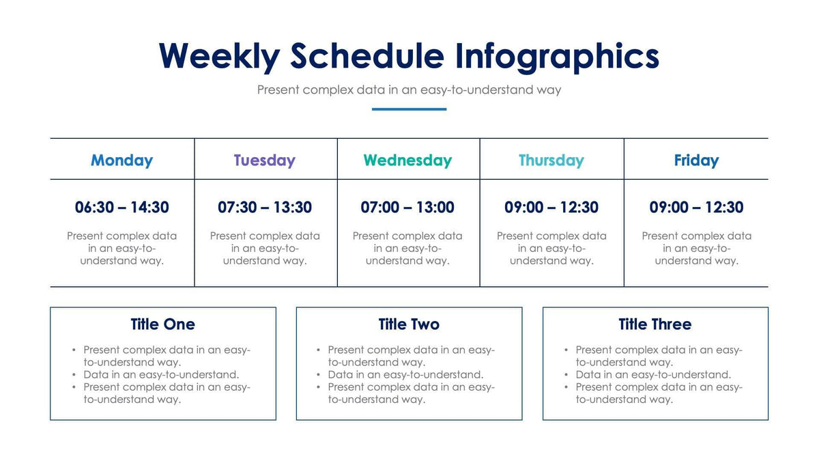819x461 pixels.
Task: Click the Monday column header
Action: pyautogui.click(x=121, y=160)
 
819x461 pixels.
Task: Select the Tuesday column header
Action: pyautogui.click(x=264, y=160)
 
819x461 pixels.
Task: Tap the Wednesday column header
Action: pyautogui.click(x=407, y=160)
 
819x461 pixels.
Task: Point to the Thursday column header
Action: pyautogui.click(x=551, y=160)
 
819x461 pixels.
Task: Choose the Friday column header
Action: pyautogui.click(x=696, y=160)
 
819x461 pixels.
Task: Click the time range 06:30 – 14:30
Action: pyautogui.click(x=121, y=207)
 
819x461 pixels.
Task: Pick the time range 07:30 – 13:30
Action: pyautogui.click(x=265, y=207)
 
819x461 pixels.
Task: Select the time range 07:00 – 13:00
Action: pyautogui.click(x=407, y=207)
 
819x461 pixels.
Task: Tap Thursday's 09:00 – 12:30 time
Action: pyautogui.click(x=551, y=207)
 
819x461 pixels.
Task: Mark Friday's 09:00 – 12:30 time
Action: pyautogui.click(x=696, y=207)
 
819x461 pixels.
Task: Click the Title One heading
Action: pyautogui.click(x=162, y=324)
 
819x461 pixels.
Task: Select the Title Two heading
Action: pyautogui.click(x=409, y=324)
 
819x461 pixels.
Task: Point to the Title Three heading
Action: pyautogui.click(x=655, y=324)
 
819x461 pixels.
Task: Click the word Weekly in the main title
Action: pyautogui.click(x=218, y=56)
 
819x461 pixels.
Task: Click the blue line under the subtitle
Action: pyautogui.click(x=409, y=109)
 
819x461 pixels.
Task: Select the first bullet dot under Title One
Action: pyautogui.click(x=74, y=350)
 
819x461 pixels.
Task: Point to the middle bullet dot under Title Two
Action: pyautogui.click(x=319, y=375)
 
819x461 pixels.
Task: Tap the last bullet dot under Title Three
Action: pyautogui.click(x=566, y=387)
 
